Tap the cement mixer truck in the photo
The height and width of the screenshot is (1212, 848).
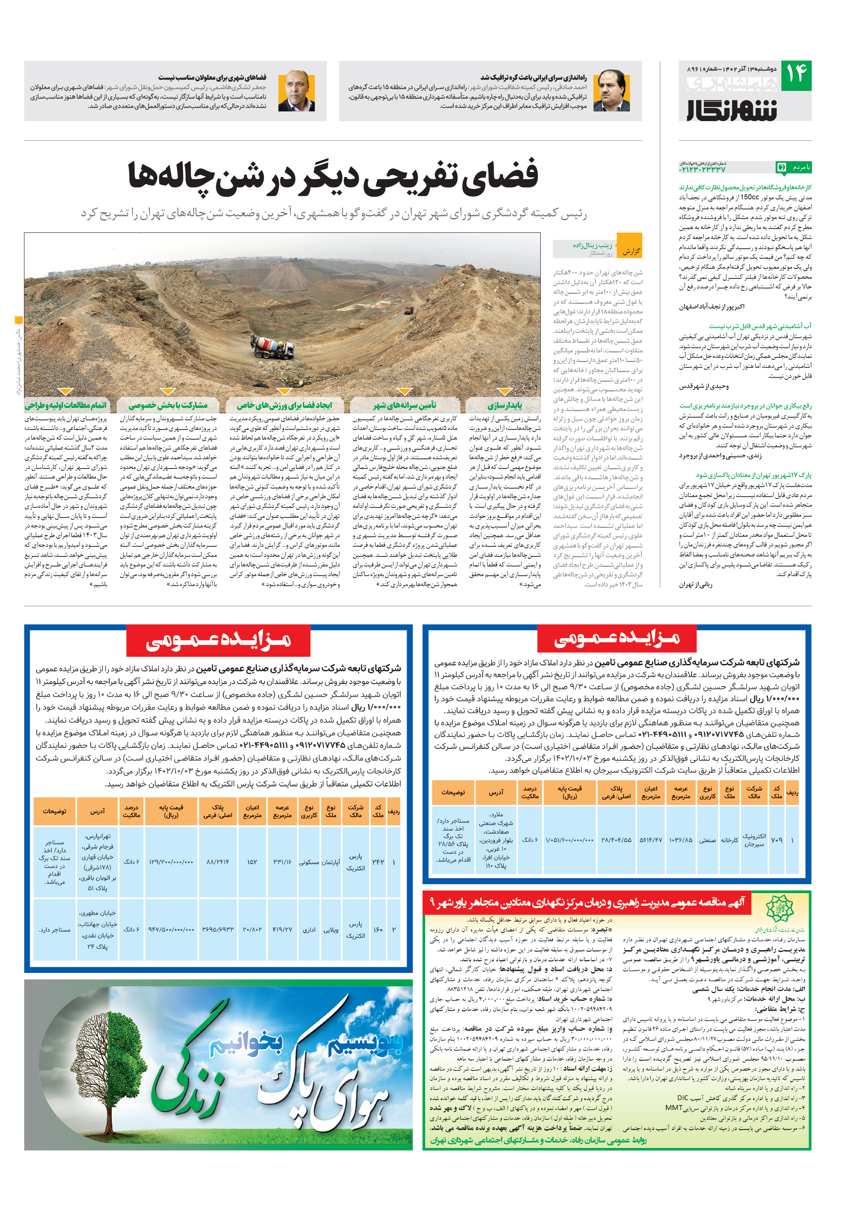[x=273, y=347]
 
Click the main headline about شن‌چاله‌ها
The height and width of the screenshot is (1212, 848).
[x=333, y=175]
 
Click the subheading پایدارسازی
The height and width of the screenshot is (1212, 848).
[x=505, y=405]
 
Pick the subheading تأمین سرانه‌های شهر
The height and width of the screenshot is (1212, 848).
[x=405, y=405]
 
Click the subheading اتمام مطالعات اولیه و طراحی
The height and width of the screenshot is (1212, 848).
[x=66, y=405]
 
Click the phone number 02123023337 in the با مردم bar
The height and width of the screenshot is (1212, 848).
[x=702, y=169]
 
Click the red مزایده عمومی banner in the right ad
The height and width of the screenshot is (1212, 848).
[x=616, y=638]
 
